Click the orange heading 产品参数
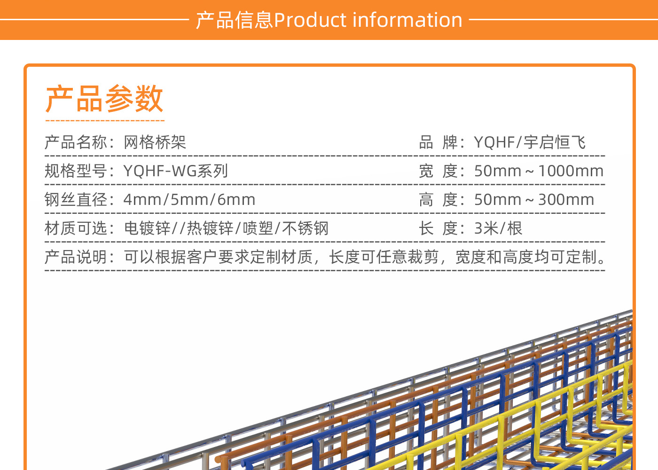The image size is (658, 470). tap(104, 99)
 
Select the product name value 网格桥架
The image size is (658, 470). tap(155, 142)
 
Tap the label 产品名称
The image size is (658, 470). tap(76, 142)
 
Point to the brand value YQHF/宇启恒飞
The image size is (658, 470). tap(530, 142)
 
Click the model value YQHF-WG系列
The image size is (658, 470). tap(176, 171)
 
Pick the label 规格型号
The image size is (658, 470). tap(76, 171)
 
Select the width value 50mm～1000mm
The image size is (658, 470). tap(539, 171)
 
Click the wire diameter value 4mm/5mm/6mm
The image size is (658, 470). tap(189, 200)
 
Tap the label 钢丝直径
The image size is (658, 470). tap(76, 200)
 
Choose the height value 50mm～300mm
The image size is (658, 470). tap(534, 200)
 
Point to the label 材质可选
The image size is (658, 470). tap(76, 228)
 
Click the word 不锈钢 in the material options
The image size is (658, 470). tap(305, 228)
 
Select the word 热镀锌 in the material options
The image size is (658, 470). tap(210, 228)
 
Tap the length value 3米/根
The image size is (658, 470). tap(498, 228)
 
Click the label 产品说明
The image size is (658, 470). tap(76, 257)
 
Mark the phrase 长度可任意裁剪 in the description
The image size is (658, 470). tap(384, 257)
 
